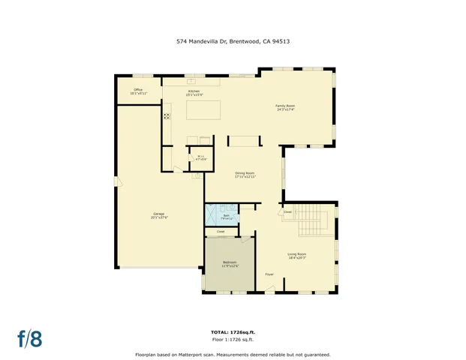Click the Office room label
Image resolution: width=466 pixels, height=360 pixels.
139,91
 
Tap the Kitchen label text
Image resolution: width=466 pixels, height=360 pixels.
194,91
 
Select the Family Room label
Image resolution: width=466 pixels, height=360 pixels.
285,108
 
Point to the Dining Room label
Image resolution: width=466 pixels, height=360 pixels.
245,175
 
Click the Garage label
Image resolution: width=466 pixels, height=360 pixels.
159,216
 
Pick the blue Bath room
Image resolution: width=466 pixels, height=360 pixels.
223,214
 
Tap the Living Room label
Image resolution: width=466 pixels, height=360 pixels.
297,256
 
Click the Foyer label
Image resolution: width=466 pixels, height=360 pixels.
269,274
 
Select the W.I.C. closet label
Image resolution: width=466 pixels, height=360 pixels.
200,157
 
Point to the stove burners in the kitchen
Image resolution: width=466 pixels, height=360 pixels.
167,116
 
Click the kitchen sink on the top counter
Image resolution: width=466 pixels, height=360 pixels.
191,79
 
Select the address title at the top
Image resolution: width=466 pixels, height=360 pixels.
233,42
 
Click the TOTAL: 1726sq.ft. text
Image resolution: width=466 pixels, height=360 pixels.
233,331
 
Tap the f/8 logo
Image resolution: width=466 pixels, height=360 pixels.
30,338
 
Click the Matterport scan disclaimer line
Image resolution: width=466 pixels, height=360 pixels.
233,354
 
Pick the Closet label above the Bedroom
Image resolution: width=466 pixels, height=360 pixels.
221,232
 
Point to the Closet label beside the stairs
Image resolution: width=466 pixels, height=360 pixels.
287,212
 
